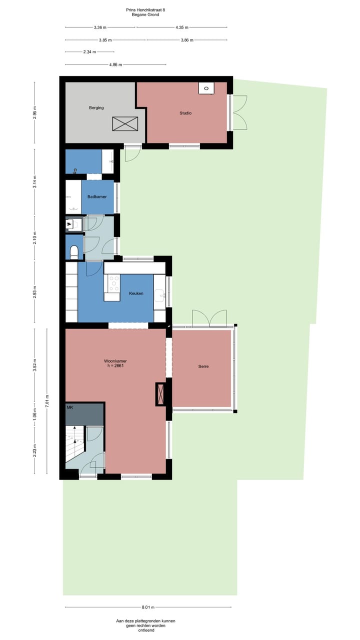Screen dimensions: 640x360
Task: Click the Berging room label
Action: [96, 107]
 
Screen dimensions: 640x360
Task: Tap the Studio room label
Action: [185, 113]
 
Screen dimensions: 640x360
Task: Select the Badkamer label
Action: [97, 196]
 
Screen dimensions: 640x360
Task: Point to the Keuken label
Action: [136, 293]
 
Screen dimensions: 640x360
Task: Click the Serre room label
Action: [203, 366]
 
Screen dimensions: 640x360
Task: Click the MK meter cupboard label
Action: [70, 407]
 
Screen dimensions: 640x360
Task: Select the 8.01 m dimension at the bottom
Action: [148, 607]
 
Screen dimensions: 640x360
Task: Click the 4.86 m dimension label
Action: [115, 64]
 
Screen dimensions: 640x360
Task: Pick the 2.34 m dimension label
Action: [76, 51]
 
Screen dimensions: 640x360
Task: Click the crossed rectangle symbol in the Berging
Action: [125, 123]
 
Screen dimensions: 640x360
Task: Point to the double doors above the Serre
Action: [209, 318]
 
